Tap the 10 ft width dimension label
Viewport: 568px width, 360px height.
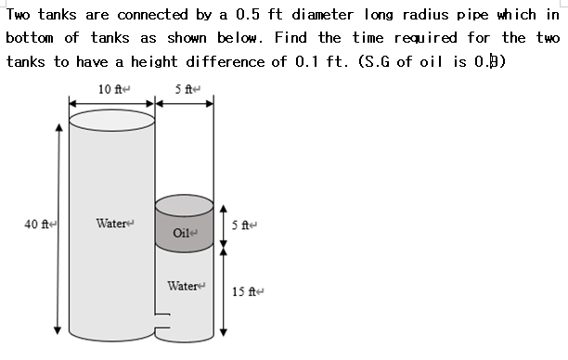click(x=110, y=89)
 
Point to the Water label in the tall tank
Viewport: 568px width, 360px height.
click(x=112, y=223)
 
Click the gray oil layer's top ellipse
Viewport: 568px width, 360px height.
click(x=185, y=203)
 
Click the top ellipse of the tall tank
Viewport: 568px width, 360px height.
click(x=111, y=120)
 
